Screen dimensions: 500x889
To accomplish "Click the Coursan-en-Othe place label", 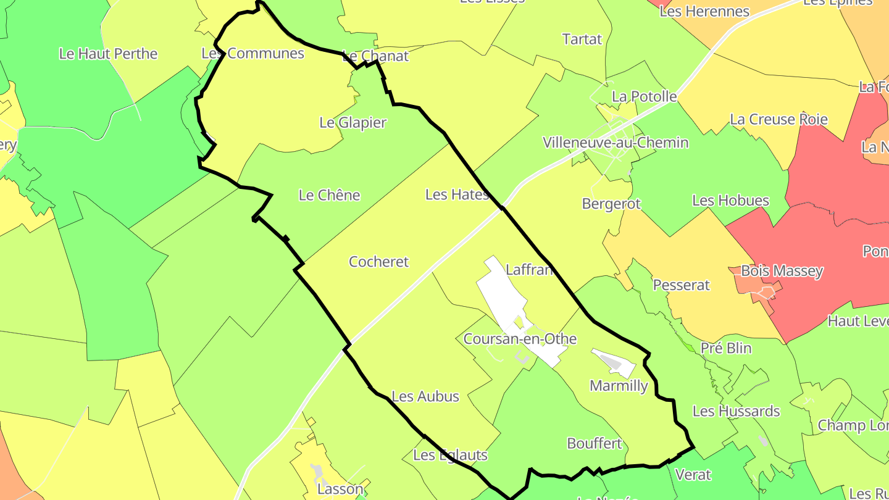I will [x=520, y=339].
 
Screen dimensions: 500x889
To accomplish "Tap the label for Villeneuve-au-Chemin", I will [x=616, y=143].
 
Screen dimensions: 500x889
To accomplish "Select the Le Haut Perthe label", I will [x=108, y=54].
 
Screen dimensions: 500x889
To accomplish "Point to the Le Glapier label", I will [x=353, y=122].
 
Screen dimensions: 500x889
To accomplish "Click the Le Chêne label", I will [x=329, y=195].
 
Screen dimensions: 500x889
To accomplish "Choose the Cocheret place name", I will [x=378, y=262].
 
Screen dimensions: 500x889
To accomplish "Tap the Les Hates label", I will [x=457, y=194].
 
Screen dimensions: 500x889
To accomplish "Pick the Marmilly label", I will [x=619, y=386].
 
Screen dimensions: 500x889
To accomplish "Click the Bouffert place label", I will [x=594, y=444].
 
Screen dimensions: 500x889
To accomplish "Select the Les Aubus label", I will [x=425, y=396].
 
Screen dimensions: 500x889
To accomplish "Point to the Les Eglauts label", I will [x=450, y=456].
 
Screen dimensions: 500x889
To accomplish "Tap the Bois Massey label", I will [x=782, y=271].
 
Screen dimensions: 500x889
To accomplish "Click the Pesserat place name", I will [x=681, y=285].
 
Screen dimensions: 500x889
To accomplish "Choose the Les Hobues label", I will [x=730, y=201].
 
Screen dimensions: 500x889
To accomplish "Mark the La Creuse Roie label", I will [x=778, y=119].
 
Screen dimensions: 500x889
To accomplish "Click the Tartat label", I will [x=582, y=40].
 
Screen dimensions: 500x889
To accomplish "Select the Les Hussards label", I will [x=736, y=411].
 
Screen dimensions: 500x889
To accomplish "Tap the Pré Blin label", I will [x=726, y=348].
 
